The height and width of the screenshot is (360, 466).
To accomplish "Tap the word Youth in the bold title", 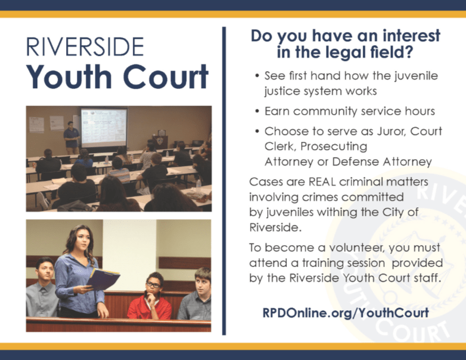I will [x=68, y=77].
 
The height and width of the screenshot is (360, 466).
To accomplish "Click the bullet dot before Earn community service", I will [x=258, y=111].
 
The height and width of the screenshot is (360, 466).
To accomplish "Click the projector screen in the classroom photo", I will [x=103, y=127].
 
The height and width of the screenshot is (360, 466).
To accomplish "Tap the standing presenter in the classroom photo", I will [x=71, y=136].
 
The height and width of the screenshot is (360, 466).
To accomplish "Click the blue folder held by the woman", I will [x=102, y=279].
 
